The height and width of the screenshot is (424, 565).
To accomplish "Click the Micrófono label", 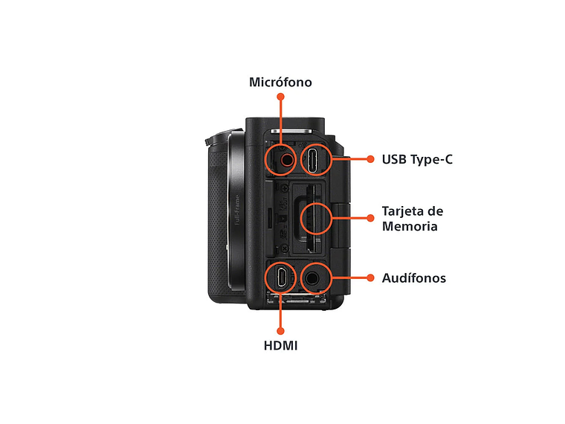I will [x=280, y=83].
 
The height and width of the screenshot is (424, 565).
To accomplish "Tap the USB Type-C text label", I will [x=416, y=159].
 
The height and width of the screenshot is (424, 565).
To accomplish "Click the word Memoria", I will [x=410, y=226].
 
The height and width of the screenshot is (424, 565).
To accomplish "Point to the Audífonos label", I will [x=413, y=278].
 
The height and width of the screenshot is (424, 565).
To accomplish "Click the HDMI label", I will [x=280, y=346].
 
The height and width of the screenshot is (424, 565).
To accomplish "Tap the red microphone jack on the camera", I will [x=285, y=158].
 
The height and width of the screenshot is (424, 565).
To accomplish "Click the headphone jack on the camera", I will [x=313, y=278].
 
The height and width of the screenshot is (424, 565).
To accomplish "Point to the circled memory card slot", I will [x=315, y=218].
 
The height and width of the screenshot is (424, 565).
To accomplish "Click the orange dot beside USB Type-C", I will [x=369, y=158].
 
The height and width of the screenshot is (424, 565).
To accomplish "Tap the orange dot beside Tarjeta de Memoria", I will [x=369, y=218].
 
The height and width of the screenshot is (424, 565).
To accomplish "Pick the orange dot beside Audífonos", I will [x=369, y=277].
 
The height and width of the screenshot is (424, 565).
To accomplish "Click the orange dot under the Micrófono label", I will [x=280, y=97].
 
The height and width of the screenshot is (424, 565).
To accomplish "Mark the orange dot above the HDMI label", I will [x=280, y=330].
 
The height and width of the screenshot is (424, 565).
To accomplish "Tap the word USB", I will [x=394, y=159].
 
